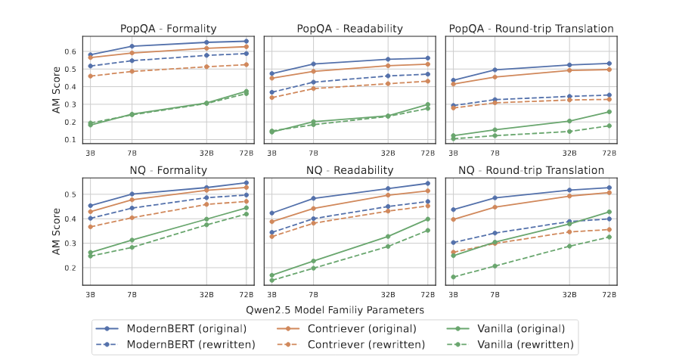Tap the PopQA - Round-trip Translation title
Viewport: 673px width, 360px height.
pos(531,29)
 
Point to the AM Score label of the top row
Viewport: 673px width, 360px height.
pos(57,88)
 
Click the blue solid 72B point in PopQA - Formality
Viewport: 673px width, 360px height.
pos(246,41)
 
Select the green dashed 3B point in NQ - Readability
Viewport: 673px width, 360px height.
pos(271,280)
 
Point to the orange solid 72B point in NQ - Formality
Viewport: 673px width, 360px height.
pos(246,188)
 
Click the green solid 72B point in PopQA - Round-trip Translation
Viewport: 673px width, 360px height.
pos(609,112)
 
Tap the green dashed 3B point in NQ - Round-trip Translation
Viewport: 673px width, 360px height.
pos(453,277)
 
